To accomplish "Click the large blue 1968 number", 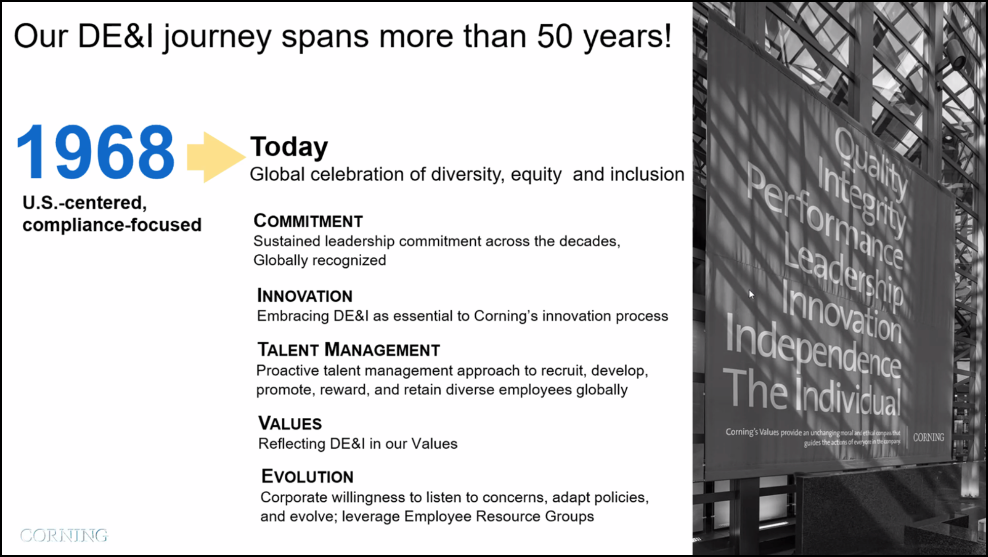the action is pos(96,152).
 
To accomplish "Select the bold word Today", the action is pos(289,147).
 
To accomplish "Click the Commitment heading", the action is pos(308,221).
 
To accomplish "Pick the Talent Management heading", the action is pos(349,349).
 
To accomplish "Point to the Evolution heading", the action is pos(307,476).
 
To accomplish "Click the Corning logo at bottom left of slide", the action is pos(64,535).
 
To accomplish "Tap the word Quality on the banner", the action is pos(870,163).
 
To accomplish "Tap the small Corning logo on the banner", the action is pos(929,437).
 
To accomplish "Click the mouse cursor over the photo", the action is pos(751,294).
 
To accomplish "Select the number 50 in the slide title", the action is pos(555,36).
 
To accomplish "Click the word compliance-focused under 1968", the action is pos(112,225).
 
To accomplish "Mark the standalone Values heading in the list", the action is pos(290,423).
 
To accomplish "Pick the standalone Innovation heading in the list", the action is pos(305,295).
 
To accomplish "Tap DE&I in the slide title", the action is pos(116,36).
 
